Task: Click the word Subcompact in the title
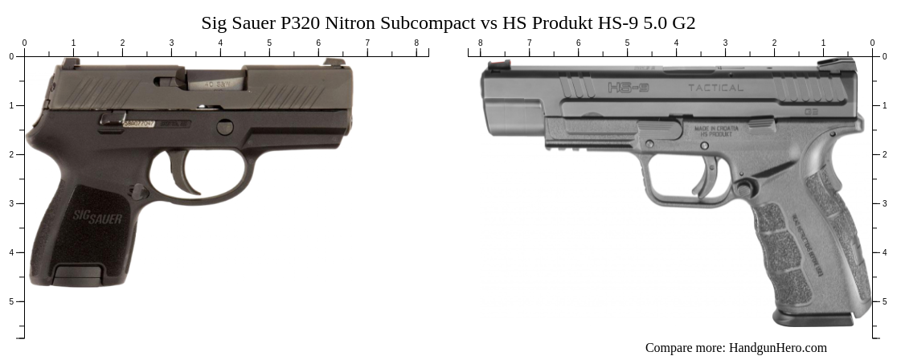(x=433, y=23)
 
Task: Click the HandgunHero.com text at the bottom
(x=777, y=348)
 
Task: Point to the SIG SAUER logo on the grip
(x=97, y=216)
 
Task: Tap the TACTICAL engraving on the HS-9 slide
(x=715, y=88)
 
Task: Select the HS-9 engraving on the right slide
(x=629, y=87)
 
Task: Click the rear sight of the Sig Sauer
(x=71, y=63)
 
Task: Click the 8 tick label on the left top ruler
(x=416, y=43)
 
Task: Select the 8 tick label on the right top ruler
(x=481, y=43)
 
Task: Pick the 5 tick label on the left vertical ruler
(x=11, y=301)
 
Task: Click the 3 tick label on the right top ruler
(x=725, y=43)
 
